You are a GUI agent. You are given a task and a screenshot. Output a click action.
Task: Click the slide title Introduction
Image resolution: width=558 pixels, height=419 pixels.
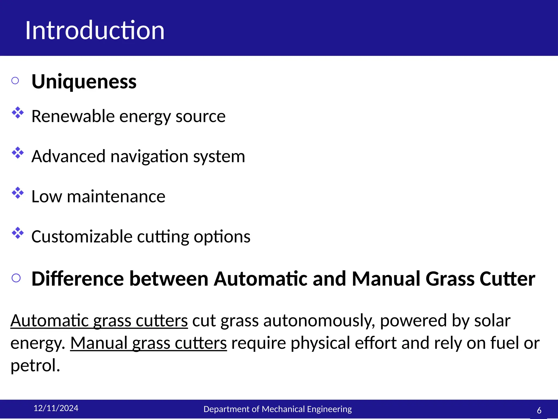point(95,30)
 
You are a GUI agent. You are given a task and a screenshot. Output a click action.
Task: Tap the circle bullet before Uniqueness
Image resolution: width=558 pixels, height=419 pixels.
point(15,80)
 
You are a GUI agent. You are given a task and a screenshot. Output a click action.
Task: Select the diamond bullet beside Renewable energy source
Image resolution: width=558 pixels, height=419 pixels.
point(18,113)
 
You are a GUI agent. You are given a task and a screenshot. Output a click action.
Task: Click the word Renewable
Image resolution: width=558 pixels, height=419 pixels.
point(73,116)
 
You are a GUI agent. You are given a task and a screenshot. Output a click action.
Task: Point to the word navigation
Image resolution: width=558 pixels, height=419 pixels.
point(149,157)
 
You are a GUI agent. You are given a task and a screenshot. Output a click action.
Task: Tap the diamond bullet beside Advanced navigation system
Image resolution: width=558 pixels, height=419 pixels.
point(18,153)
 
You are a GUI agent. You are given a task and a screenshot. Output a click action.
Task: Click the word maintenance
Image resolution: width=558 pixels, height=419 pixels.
point(116,196)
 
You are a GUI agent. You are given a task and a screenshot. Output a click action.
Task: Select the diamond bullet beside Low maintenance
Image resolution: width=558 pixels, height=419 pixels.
point(18,193)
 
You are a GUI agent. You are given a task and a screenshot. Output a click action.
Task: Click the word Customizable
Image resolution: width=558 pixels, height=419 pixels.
point(82,237)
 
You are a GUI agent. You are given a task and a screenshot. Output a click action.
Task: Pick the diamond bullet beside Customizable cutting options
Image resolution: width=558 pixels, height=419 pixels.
point(18,233)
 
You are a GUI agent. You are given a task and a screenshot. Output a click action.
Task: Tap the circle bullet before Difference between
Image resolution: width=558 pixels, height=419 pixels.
point(16,278)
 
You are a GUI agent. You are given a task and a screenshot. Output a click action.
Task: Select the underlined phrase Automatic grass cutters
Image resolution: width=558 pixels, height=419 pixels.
point(99,321)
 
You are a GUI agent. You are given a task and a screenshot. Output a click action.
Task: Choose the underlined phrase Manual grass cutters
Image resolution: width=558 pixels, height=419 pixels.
point(148,343)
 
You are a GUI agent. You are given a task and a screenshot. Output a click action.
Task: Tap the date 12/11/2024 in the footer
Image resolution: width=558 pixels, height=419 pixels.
point(56,408)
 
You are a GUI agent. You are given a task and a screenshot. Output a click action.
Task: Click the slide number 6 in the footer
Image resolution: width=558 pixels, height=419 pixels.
point(539,410)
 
